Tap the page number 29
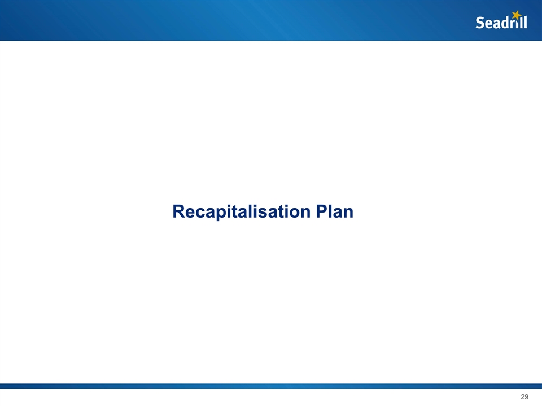524,398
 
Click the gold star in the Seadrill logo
515,15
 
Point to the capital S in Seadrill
480,23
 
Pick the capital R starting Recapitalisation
179,212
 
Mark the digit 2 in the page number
522,398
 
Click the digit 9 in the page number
526,398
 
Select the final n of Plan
348,214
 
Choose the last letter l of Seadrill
525,22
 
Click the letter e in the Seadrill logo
488,24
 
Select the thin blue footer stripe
271,386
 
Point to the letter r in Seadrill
511,24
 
